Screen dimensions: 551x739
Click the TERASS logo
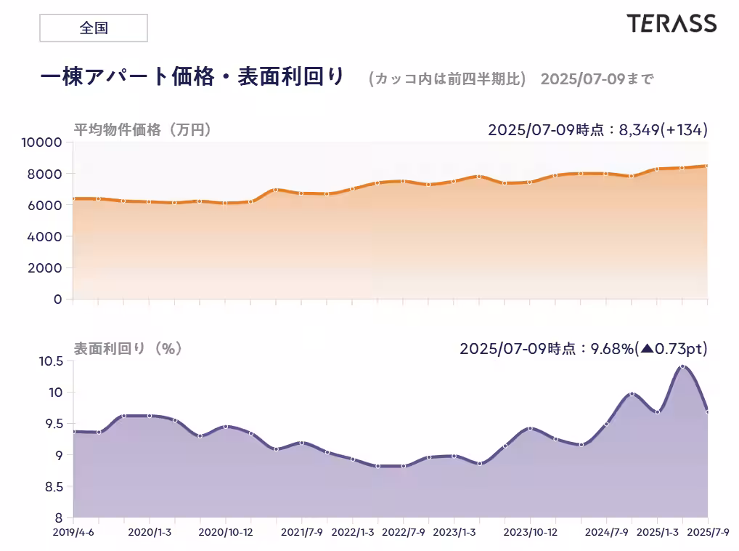tap(671, 23)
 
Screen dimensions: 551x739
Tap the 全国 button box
tap(93, 28)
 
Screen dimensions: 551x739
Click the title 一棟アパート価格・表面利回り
tap(192, 77)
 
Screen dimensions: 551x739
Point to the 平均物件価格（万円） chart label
tap(142, 130)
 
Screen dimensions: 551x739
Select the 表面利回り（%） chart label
tap(128, 349)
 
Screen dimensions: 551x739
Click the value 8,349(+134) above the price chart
tap(661, 130)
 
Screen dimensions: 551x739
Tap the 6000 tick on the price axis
tap(46, 205)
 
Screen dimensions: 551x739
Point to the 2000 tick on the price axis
tap(46, 268)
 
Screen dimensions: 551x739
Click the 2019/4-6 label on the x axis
tap(73, 532)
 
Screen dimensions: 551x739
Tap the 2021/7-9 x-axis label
tap(302, 532)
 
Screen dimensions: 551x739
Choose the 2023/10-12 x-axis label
tap(530, 532)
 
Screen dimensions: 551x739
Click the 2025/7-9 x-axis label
tap(709, 532)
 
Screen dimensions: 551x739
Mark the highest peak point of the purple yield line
tap(682, 366)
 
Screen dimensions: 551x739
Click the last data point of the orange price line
tap(708, 166)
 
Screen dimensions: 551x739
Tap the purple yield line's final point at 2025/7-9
tap(708, 412)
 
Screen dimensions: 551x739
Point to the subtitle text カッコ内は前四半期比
tap(446, 79)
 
